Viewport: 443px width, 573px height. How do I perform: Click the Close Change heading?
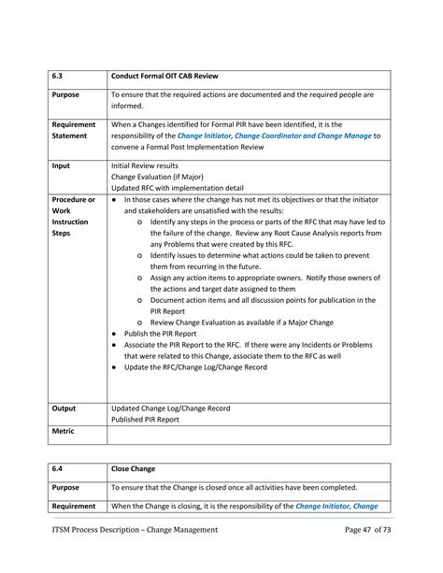click(x=135, y=468)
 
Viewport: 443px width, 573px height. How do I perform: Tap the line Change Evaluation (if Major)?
click(x=156, y=175)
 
